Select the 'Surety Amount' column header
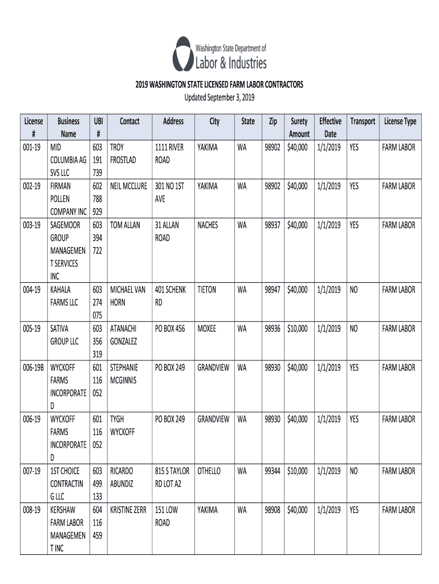click(x=299, y=128)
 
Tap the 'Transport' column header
click(x=363, y=121)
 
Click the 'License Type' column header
click(x=400, y=121)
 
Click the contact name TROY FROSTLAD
click(x=123, y=154)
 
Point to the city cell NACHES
click(x=208, y=225)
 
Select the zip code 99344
click(x=273, y=471)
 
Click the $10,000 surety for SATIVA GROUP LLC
click(x=298, y=329)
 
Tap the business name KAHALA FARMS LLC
click(x=64, y=296)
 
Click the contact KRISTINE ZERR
click(x=128, y=510)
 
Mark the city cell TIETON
click(x=206, y=290)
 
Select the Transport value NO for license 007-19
click(x=354, y=471)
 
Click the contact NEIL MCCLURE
click(x=128, y=186)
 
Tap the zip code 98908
click(x=273, y=510)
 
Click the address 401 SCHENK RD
click(x=170, y=296)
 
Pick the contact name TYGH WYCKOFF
click(x=123, y=425)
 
